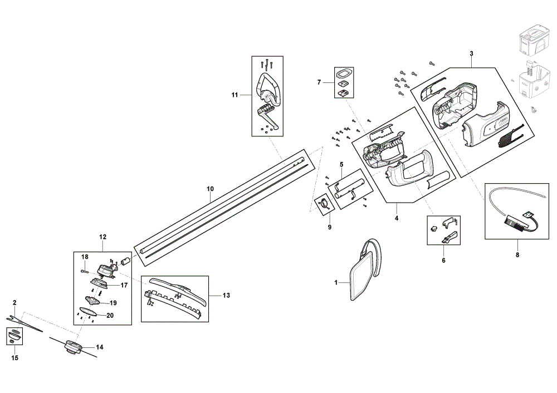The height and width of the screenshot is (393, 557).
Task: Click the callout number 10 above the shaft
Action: pos(211,189)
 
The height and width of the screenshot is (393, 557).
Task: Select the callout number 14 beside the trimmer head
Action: pos(100,347)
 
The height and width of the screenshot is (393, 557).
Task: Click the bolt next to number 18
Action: pos(85,272)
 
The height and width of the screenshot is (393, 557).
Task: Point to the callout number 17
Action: pos(124,285)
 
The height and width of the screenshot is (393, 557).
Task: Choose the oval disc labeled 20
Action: pos(88,311)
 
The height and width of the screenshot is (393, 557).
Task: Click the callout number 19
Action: pos(113,303)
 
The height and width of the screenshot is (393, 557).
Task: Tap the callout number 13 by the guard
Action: pos(226,295)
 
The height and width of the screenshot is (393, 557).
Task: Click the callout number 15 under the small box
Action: pos(14,358)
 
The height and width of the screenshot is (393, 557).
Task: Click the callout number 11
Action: pos(234,95)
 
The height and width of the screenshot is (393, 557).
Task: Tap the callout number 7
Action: pos(319,82)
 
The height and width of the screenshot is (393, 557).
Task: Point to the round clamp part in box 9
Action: pos(324,204)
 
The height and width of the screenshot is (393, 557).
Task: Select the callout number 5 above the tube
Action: pos(341,164)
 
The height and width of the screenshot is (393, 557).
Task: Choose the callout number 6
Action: pos(443,260)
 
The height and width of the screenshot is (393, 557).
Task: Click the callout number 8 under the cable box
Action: pos(517,254)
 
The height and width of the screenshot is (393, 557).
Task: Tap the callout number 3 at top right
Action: pos(471,53)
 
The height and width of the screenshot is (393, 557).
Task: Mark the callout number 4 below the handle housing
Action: pos(397,218)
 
